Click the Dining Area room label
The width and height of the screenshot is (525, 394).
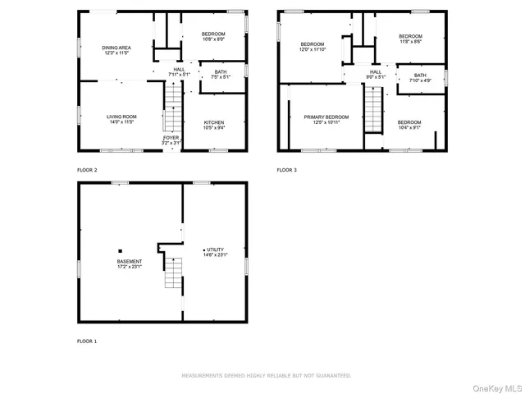tap(116, 48)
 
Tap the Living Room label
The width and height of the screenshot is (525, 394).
tap(121, 117)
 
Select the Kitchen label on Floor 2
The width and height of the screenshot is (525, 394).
tap(214, 122)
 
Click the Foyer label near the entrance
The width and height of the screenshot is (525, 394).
tap(171, 137)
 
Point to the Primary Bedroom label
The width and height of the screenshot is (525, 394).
tap(326, 117)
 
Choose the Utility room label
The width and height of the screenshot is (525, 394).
tap(215, 250)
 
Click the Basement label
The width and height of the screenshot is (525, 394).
tap(129, 262)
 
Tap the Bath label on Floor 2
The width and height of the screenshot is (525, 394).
tap(221, 72)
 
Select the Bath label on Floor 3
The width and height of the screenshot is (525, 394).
tap(420, 76)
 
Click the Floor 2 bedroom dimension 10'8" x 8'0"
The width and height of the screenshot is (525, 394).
tap(213, 39)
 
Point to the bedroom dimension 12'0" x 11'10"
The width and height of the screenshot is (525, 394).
tap(313, 49)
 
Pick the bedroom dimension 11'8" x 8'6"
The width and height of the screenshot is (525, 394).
tap(410, 41)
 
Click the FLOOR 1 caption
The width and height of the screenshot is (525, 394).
tap(87, 341)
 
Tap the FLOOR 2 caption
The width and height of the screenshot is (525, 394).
tap(87, 170)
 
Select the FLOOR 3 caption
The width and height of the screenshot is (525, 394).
tap(286, 170)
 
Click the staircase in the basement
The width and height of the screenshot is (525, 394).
tap(171, 273)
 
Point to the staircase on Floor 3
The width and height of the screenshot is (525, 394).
tap(373, 111)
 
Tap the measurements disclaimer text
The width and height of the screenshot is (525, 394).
tap(266, 375)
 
